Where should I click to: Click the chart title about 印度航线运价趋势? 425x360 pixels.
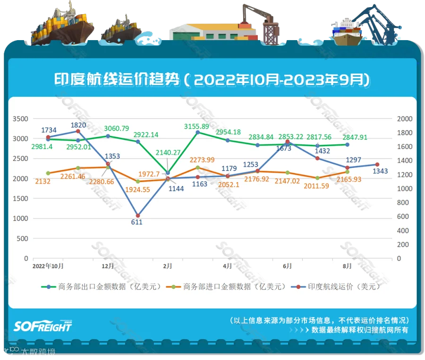(x=212, y=79)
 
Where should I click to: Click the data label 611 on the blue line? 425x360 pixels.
(x=137, y=222)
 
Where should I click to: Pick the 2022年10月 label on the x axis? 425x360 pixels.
(x=48, y=266)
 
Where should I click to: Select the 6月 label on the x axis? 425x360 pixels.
(x=287, y=266)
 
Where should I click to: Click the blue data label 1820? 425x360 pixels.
(x=78, y=111)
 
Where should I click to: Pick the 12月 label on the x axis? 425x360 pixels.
(x=108, y=266)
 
